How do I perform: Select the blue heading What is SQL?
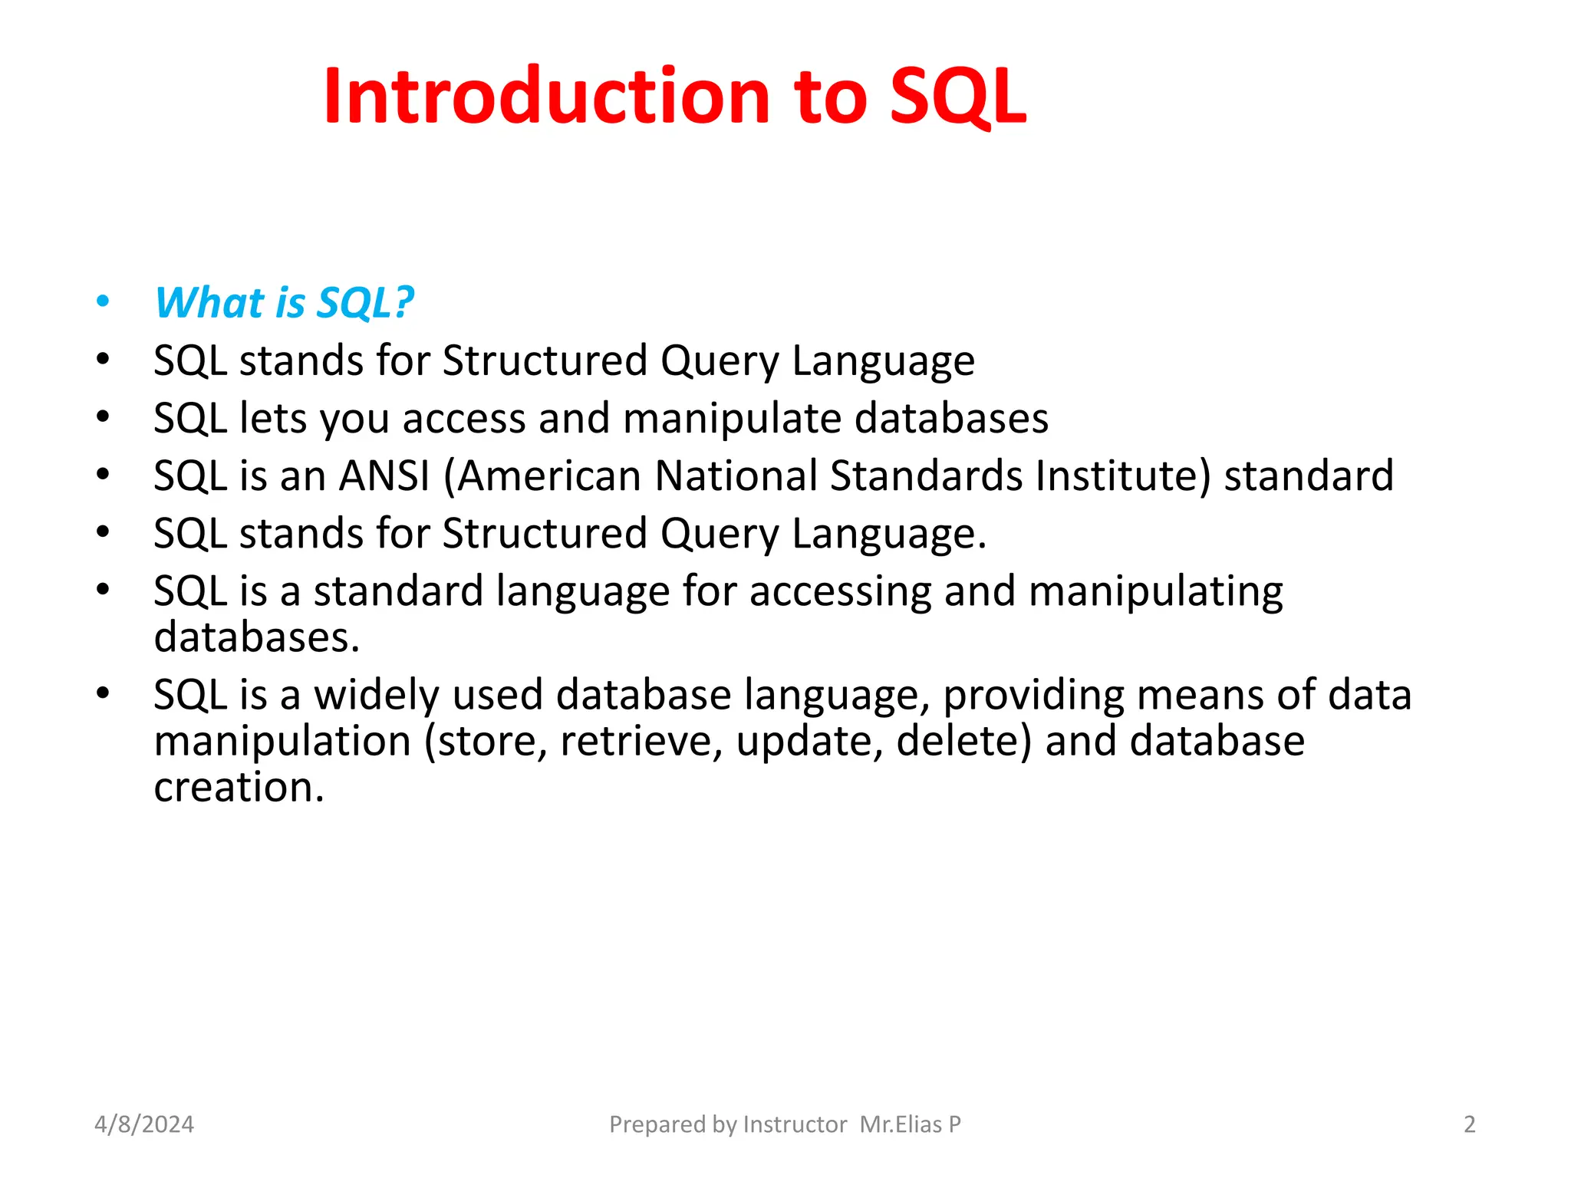point(284,302)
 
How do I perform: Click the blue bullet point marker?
point(103,302)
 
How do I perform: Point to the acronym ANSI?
point(384,475)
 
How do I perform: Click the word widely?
point(377,695)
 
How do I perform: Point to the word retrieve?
point(641,742)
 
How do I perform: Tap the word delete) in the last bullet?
point(963,742)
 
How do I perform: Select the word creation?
point(239,788)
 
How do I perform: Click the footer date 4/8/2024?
point(144,1124)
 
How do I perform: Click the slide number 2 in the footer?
point(1469,1124)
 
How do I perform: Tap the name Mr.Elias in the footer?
point(901,1124)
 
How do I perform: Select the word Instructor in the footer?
point(795,1124)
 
